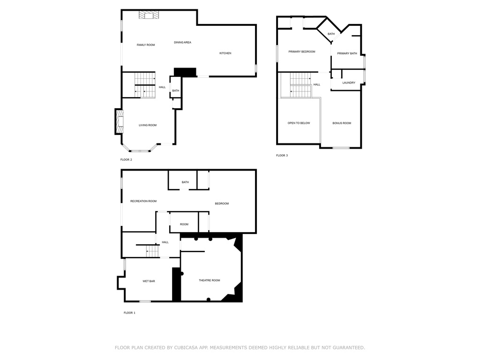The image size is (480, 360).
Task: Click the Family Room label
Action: [146, 45]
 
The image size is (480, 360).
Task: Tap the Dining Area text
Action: [182, 43]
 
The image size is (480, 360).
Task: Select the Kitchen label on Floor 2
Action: [225, 53]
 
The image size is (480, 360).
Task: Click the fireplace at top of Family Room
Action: [149, 15]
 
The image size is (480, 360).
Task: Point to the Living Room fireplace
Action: [120, 122]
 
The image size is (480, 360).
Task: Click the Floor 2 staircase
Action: [145, 85]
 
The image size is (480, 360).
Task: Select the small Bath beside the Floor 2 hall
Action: [175, 91]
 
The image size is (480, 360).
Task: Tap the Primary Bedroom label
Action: [302, 52]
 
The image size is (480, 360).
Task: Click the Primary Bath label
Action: [347, 53]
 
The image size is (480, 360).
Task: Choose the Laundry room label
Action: [349, 83]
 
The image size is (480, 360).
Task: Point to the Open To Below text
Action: [299, 123]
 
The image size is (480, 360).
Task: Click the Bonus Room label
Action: [342, 123]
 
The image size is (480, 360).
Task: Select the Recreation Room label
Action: [143, 201]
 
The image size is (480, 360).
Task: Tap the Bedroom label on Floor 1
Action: [222, 203]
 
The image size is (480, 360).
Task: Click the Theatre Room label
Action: [210, 280]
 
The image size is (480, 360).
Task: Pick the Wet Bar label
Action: [149, 281]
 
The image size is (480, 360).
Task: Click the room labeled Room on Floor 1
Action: [184, 225]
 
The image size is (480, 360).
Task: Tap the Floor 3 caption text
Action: [282, 155]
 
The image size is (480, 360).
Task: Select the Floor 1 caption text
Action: [129, 313]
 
